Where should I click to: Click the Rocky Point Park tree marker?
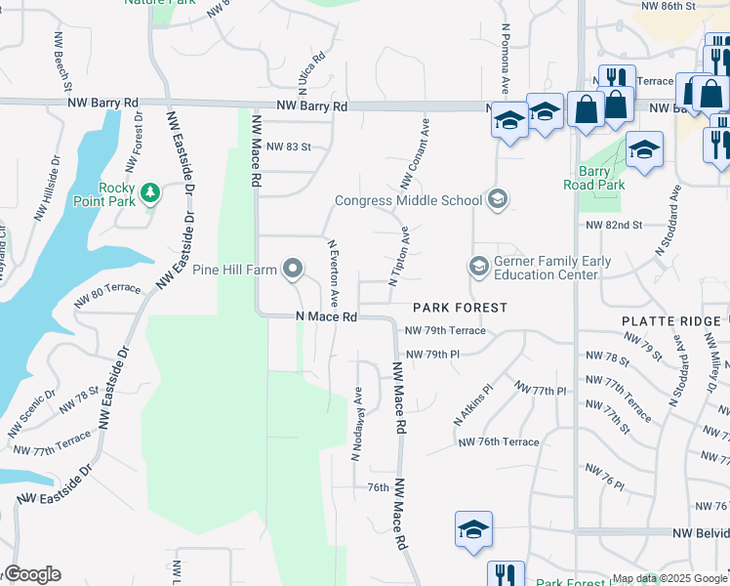point(150,192)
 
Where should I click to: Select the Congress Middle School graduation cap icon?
point(498,200)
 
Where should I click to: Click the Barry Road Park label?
point(593,177)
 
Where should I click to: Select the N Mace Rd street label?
point(326,316)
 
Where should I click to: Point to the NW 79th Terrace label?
point(445,331)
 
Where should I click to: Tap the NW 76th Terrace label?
point(499,442)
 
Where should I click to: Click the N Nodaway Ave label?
point(357,424)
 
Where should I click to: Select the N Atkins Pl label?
point(473,403)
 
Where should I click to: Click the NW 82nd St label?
point(614,225)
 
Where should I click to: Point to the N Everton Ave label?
point(334,272)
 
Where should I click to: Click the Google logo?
point(31,574)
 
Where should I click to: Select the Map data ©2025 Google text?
point(669,579)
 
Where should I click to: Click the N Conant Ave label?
point(415,155)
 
